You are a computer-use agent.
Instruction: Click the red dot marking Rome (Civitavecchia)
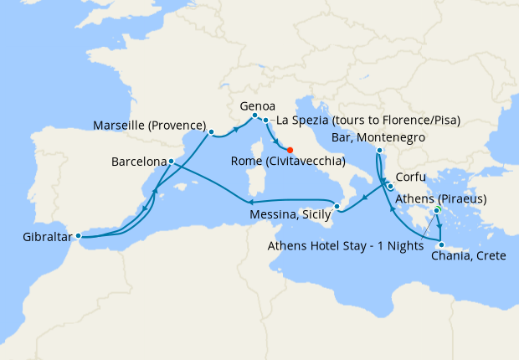(x=290, y=150)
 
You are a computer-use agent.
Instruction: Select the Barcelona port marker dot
(x=171, y=161)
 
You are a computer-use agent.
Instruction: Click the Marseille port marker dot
(x=211, y=131)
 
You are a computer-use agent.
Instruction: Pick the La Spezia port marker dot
(x=265, y=121)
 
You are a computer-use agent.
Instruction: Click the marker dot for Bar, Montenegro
(x=380, y=151)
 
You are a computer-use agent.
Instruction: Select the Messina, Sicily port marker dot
(x=337, y=206)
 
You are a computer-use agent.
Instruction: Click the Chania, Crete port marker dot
(x=442, y=244)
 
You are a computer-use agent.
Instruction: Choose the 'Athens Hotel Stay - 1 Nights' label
(x=344, y=246)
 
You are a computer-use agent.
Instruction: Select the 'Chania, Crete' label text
(x=467, y=255)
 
